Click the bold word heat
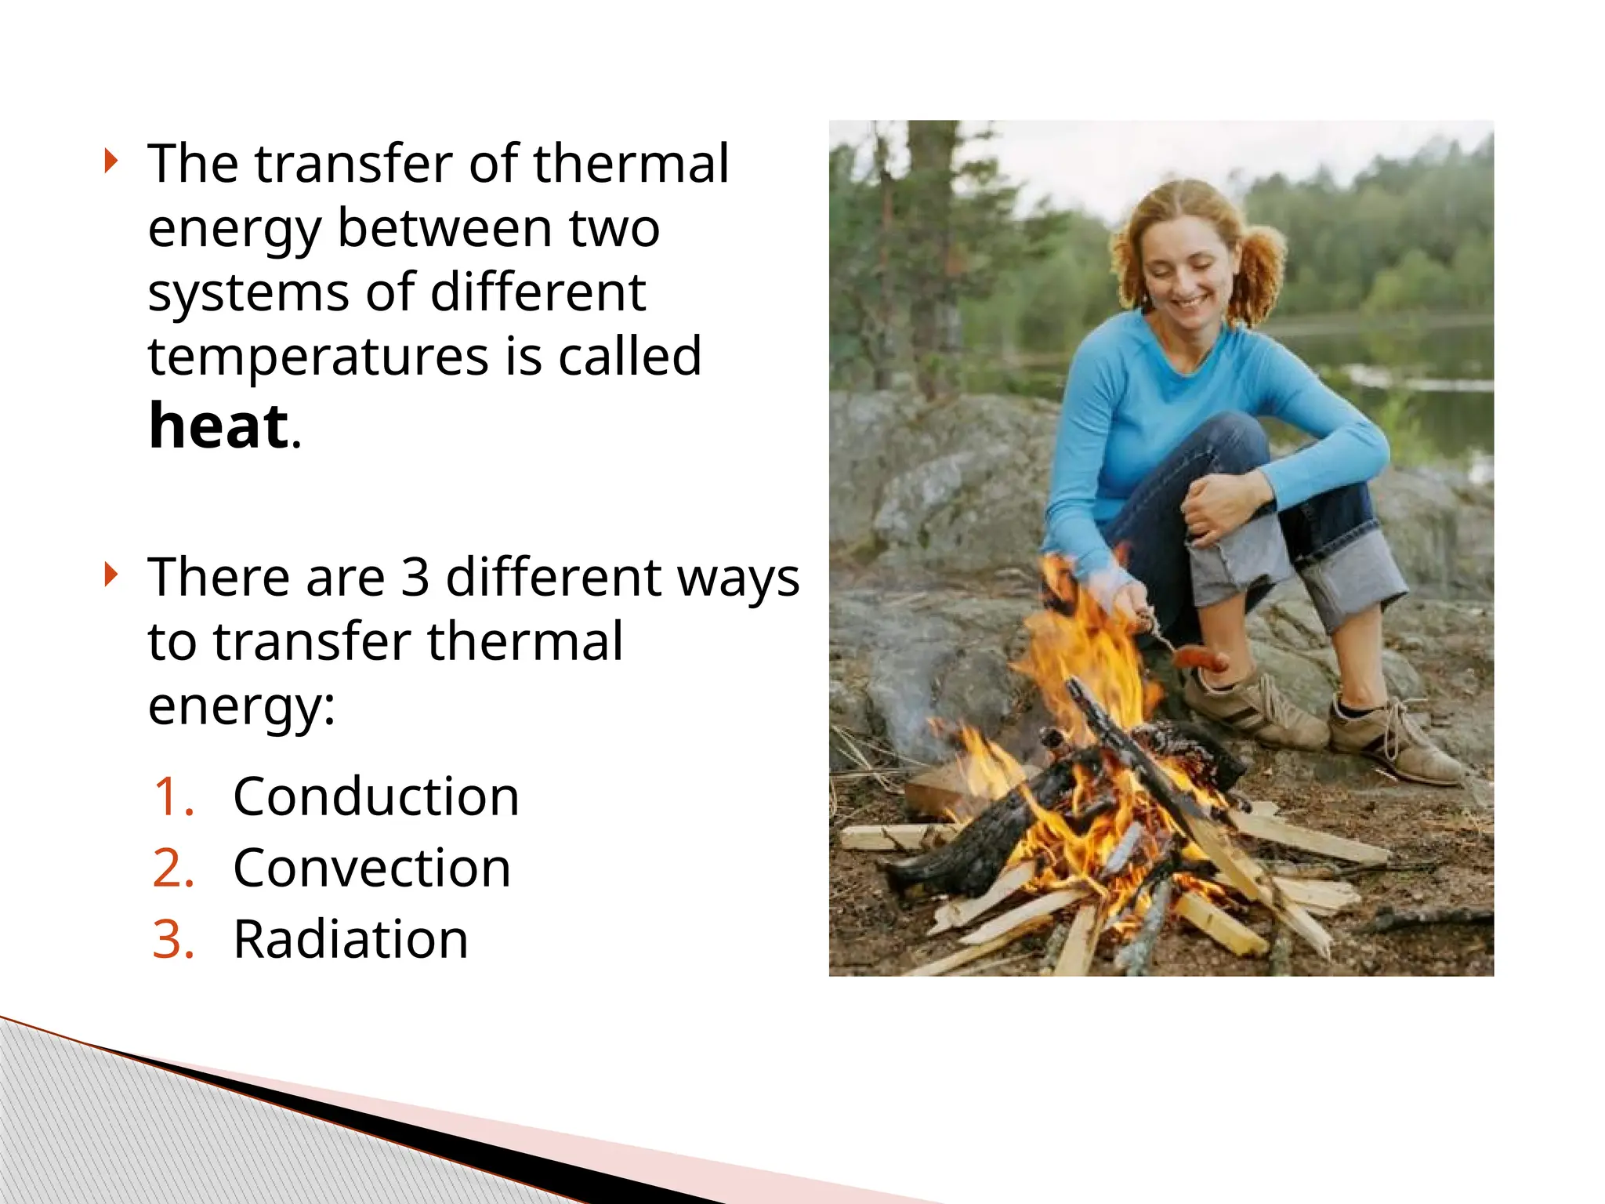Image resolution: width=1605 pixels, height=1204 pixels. click(x=219, y=426)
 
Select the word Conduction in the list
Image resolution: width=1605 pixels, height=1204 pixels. click(x=376, y=797)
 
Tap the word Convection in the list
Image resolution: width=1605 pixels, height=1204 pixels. click(x=372, y=869)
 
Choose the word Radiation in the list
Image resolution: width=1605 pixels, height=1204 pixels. click(x=350, y=940)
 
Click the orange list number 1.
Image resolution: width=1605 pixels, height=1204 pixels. click(x=173, y=797)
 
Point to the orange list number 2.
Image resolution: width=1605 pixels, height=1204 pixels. click(x=173, y=869)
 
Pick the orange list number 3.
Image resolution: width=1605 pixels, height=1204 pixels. click(x=173, y=940)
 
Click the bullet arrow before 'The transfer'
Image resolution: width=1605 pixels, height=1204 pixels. click(x=111, y=162)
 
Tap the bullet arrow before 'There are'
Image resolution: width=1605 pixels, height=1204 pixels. click(x=111, y=576)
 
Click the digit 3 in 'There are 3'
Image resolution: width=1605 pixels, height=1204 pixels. click(x=415, y=578)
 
